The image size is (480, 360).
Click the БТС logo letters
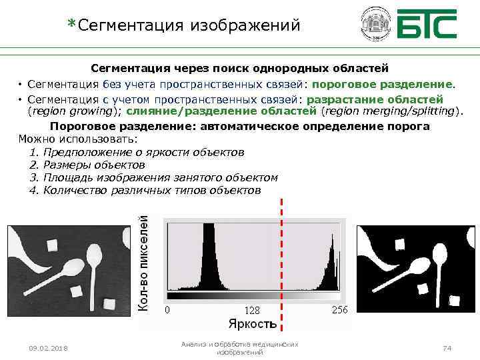coord(427,24)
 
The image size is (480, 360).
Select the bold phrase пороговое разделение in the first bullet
coord(383,85)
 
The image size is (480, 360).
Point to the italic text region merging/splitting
coord(391,111)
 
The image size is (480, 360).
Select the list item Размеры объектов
coord(93,165)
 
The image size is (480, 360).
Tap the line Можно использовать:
coord(78,139)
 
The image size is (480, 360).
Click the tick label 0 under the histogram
coord(167,310)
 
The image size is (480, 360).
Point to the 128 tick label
coord(251,311)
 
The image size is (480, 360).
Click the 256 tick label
coord(339,310)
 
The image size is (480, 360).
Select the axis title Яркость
coord(252,324)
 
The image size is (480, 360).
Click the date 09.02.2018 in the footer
coord(48,349)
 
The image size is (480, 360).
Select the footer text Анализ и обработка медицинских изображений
coord(240,347)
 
